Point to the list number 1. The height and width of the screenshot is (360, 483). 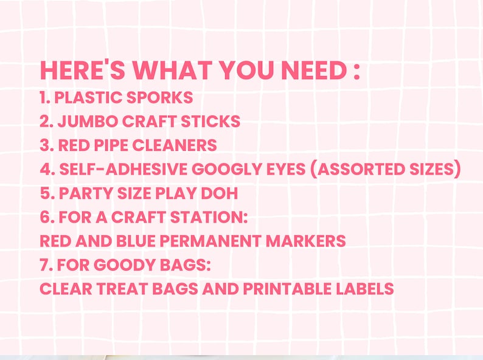[x=44, y=97]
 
